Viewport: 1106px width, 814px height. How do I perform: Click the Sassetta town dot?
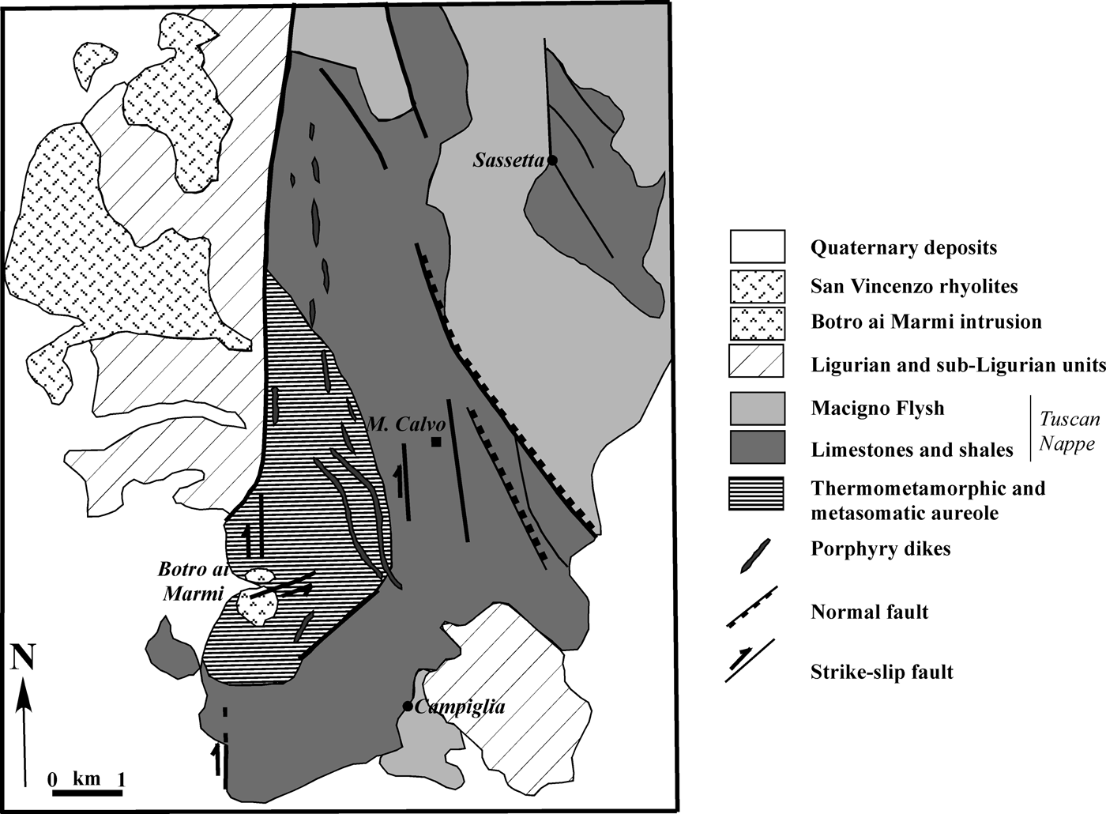553,160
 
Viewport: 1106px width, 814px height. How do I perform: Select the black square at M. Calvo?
436,442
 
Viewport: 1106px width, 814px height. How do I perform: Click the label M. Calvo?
397,425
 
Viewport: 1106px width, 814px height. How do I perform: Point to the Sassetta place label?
510,160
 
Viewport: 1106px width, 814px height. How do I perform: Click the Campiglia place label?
459,707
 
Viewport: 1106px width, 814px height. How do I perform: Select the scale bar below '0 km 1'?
87,790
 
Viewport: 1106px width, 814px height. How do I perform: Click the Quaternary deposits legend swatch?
756,247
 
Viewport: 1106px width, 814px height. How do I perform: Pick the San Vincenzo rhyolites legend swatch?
756,285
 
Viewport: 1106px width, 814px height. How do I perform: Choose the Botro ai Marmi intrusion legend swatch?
756,322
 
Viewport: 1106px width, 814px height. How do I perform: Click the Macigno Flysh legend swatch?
756,409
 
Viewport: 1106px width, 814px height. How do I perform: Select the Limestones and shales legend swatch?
756,448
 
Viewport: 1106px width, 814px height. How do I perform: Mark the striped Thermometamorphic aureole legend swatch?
756,494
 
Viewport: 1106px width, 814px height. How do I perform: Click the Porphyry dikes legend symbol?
754,555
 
